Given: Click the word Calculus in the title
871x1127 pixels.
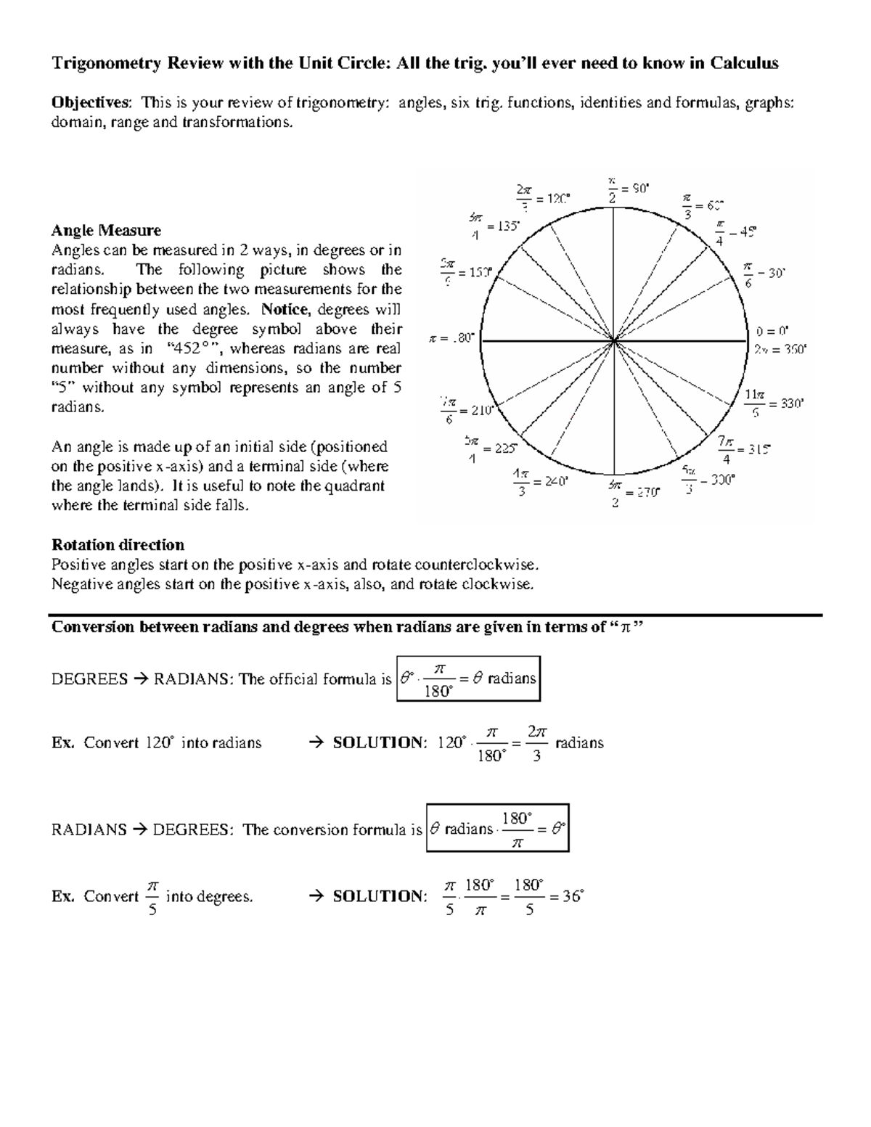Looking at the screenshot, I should click(x=744, y=63).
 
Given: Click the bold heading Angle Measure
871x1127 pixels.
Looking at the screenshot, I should click(x=106, y=231).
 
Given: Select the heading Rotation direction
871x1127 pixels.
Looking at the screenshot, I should click(x=118, y=545).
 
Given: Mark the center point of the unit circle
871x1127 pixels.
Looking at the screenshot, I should click(x=615, y=339).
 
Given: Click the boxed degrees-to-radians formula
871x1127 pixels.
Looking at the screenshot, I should click(x=469, y=679).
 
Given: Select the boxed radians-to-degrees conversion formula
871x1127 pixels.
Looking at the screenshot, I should click(x=498, y=828).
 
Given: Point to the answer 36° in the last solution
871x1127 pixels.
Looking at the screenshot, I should click(x=573, y=896).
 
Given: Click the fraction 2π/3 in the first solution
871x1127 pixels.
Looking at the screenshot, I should click(x=537, y=744).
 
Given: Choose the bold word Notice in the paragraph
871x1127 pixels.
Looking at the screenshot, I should click(x=285, y=309).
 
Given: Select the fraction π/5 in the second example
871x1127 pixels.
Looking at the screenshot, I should click(x=152, y=897).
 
